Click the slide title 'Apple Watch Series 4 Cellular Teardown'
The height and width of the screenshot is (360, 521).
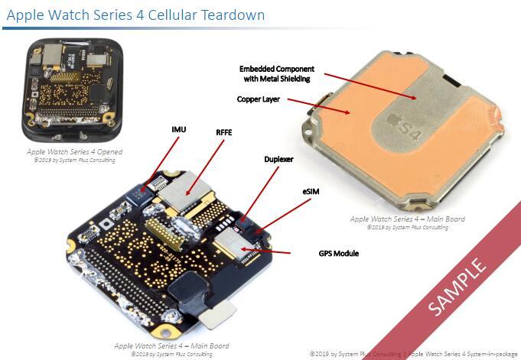[135, 15]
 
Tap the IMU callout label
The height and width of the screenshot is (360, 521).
[179, 130]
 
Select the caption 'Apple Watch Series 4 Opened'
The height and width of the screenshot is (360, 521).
[73, 152]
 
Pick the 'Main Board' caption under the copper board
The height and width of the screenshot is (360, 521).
[407, 219]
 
